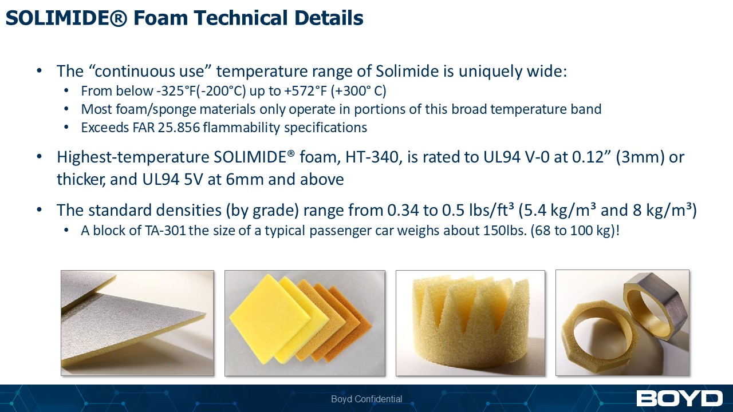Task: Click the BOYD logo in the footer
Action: tap(679, 398)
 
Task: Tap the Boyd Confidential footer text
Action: tap(366, 399)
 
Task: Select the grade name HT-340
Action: tap(372, 157)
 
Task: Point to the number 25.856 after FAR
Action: tap(179, 128)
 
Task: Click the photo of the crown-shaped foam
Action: tap(470, 323)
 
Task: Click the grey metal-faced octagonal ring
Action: tap(655, 306)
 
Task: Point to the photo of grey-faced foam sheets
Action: tap(137, 323)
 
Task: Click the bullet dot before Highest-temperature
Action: tap(40, 157)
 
